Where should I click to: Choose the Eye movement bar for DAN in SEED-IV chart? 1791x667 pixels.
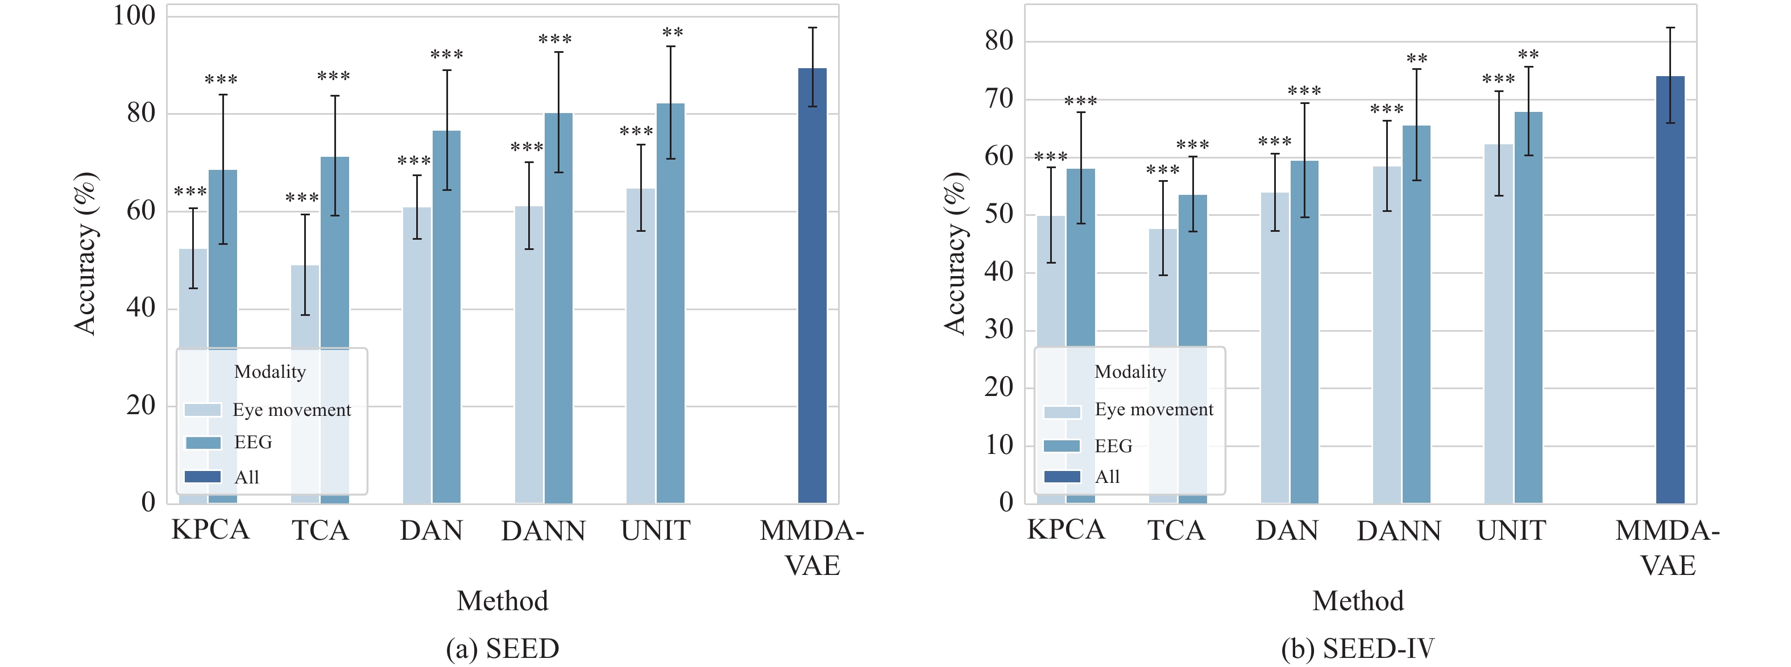pyautogui.click(x=1274, y=347)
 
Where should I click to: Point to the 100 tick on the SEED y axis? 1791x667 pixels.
pyautogui.click(x=134, y=15)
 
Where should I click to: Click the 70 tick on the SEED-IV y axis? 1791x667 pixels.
pyautogui.click(x=998, y=99)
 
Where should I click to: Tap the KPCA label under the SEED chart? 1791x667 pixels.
pyautogui.click(x=210, y=530)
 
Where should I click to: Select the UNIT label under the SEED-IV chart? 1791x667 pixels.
pyautogui.click(x=1511, y=531)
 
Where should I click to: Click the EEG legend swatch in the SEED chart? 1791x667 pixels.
pyautogui.click(x=203, y=443)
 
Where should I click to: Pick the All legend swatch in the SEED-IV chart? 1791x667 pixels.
pyautogui.click(x=1062, y=477)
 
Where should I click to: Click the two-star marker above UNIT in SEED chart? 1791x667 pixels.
pyautogui.click(x=672, y=32)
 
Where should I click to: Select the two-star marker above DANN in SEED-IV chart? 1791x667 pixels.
pyautogui.click(x=1416, y=59)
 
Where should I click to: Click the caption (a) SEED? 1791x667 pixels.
pyautogui.click(x=503, y=649)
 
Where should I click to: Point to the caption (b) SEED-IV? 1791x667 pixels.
pyautogui.click(x=1358, y=649)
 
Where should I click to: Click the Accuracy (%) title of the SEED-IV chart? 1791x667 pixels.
pyautogui.click(x=955, y=253)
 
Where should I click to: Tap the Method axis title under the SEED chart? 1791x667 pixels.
pyautogui.click(x=503, y=601)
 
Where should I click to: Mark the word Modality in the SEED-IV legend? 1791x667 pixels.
pyautogui.click(x=1130, y=372)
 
